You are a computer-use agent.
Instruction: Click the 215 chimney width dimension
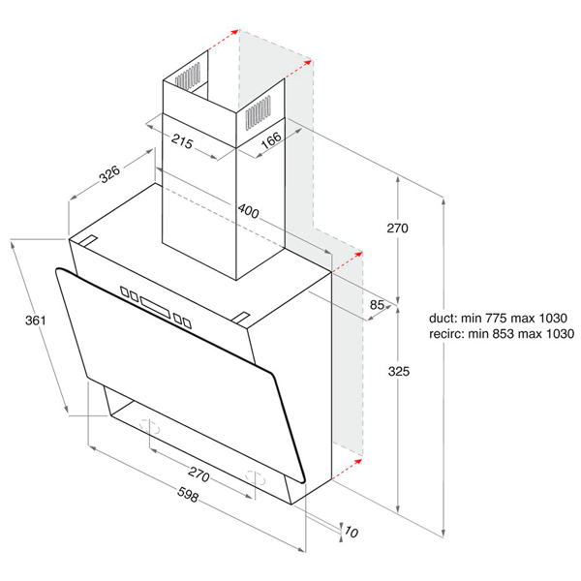[182, 141]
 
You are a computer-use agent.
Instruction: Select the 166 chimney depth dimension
[271, 140]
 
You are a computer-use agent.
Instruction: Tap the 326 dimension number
[109, 173]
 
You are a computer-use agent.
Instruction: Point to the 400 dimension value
[248, 211]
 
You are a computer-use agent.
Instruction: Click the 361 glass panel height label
[36, 321]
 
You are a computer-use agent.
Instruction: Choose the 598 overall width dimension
[188, 494]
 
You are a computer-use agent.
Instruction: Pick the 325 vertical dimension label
[399, 371]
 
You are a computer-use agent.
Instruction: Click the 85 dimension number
[377, 305]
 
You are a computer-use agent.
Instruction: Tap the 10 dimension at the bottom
[351, 532]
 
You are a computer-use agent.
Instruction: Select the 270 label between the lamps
[199, 474]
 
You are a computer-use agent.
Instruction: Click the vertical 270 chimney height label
[398, 228]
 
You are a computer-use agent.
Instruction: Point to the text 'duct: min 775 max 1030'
[498, 318]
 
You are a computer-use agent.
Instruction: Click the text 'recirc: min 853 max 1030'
[502, 333]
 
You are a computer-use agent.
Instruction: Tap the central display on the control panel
[155, 307]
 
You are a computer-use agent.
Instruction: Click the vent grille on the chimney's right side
[258, 112]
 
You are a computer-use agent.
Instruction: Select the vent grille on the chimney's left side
[188, 76]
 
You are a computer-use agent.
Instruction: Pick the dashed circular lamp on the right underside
[256, 478]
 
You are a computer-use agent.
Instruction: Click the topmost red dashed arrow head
[234, 32]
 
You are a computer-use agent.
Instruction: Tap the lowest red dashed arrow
[347, 470]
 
